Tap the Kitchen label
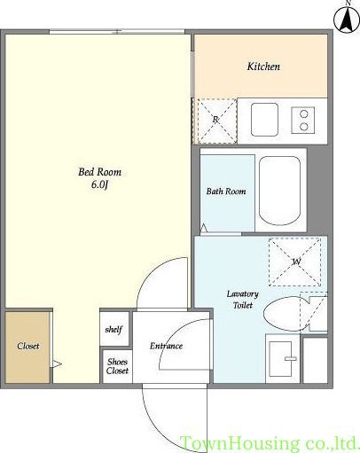263,66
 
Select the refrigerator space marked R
215,121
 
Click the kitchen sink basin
264,120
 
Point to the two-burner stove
303,120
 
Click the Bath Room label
226,191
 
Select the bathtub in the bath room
279,191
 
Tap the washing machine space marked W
295,262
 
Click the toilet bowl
285,314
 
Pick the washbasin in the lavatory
280,359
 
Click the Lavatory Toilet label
243,300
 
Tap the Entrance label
166,346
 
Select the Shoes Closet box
117,366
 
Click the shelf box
114,329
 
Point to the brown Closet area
27,348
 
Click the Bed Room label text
99,172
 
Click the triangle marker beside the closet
56,363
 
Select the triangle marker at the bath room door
204,228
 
